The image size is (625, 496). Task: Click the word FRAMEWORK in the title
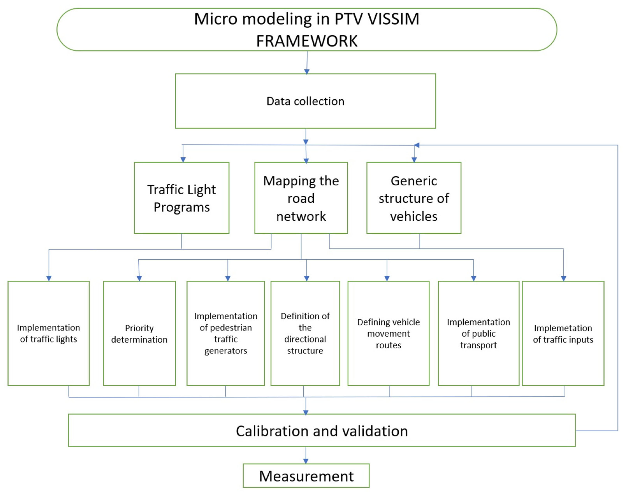[307, 41]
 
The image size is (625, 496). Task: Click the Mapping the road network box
[301, 198]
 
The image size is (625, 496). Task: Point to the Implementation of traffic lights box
[48, 333]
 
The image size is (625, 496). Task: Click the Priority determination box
[139, 333]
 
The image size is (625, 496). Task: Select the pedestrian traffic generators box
[226, 333]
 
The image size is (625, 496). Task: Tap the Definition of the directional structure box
[305, 333]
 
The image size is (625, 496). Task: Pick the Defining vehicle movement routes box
[389, 333]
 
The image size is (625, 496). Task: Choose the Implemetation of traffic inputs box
[563, 333]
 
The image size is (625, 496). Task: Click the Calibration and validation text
[322, 431]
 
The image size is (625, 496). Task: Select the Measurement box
[306, 476]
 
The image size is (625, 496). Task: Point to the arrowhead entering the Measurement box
[306, 461]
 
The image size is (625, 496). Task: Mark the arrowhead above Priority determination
[139, 278]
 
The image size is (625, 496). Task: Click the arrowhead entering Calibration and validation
[306, 413]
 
